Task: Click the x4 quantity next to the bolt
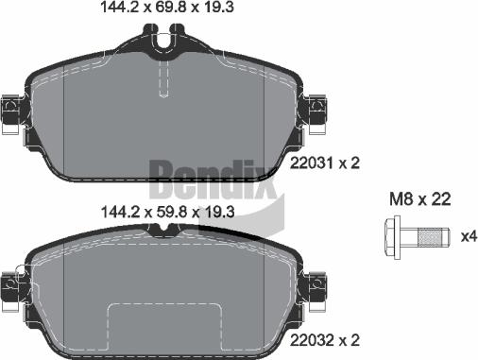pyautogui.click(x=467, y=234)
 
